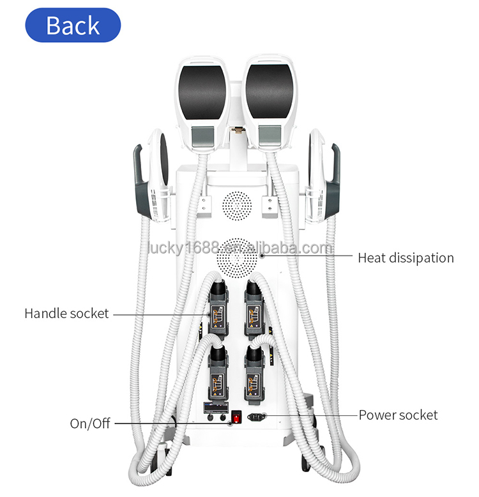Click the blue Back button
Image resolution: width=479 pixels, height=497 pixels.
73,26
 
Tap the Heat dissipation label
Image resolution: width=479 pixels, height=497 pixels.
406,258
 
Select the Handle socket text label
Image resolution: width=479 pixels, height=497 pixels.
66,314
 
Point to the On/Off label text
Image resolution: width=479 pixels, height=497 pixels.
90,424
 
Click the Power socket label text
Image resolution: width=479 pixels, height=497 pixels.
398,415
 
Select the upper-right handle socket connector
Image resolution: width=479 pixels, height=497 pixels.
254,310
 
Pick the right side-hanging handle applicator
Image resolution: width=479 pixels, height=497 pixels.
323,176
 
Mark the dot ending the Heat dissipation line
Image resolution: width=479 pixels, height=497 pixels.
262,257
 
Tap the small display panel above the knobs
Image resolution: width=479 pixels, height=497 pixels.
215,407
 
